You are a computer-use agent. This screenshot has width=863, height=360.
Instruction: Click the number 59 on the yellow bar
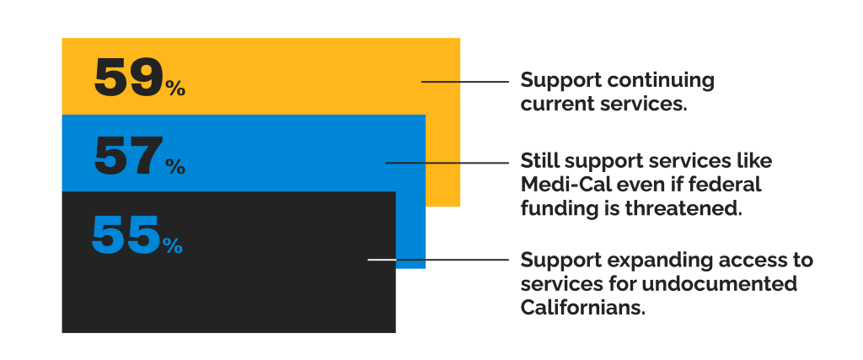pyautogui.click(x=129, y=78)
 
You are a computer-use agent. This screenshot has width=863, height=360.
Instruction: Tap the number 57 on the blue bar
pyautogui.click(x=129, y=156)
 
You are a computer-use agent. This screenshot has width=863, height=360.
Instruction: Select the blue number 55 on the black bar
pyautogui.click(x=126, y=234)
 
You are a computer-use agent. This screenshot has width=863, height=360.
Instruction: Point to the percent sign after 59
pyautogui.click(x=176, y=88)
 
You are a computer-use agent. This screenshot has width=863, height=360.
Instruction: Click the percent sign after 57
pyautogui.click(x=176, y=166)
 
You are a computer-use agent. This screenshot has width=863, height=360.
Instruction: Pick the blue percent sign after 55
pyautogui.click(x=173, y=245)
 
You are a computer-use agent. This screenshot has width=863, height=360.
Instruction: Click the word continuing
pyautogui.click(x=661, y=81)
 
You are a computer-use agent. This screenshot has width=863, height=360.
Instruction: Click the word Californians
pyautogui.click(x=583, y=308)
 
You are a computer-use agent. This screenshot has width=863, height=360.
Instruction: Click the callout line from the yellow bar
pyautogui.click(x=465, y=82)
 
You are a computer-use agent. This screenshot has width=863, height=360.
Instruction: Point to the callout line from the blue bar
pyautogui.click(x=447, y=163)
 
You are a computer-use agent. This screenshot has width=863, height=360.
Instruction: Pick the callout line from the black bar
pyautogui.click(x=438, y=260)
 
